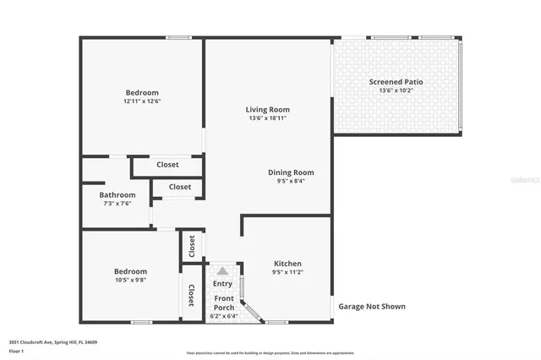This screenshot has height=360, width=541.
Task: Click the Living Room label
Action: [267, 109]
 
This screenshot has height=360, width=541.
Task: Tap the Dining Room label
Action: [290, 172]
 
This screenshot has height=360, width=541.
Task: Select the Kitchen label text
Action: [288, 264]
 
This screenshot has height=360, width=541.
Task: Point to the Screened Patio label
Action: [396, 82]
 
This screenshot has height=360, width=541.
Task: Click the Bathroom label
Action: [117, 194]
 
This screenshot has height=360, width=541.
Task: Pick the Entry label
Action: [222, 284]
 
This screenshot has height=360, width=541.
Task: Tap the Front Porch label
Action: [223, 303]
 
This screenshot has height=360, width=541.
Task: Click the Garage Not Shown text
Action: [372, 307]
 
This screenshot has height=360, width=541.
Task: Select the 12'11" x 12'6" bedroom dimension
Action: [142, 101]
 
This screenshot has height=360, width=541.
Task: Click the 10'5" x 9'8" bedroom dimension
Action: [130, 280]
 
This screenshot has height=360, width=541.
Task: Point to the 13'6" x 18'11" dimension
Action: [267, 118]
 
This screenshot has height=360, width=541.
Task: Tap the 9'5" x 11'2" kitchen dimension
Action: [288, 273]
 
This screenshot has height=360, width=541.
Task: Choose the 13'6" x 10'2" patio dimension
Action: [396, 90]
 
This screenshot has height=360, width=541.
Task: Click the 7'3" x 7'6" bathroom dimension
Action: [117, 203]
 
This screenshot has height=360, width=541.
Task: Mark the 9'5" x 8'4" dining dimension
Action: [290, 181]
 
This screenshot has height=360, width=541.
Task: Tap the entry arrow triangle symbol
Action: [222, 271]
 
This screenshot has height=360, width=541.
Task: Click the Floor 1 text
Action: [16, 351]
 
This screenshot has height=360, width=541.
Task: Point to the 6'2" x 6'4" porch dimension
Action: [223, 317]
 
